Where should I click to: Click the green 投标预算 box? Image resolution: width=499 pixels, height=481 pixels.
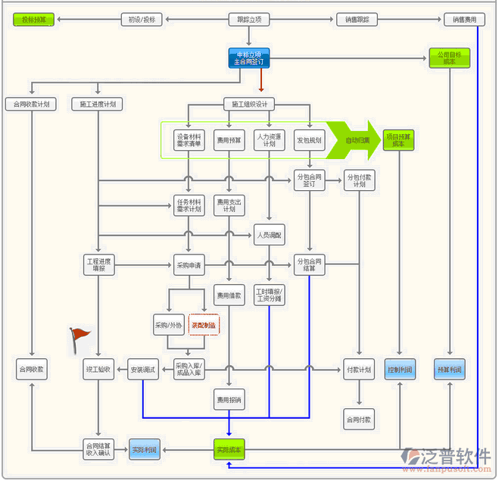(x=34, y=20)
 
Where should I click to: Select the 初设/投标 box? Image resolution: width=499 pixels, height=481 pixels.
(x=142, y=20)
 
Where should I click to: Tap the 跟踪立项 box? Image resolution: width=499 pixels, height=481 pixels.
(x=248, y=20)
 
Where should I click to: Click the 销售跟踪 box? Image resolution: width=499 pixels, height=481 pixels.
(x=357, y=20)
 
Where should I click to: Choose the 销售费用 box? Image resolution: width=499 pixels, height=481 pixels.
(x=465, y=20)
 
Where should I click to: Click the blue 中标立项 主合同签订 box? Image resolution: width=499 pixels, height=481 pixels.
(x=248, y=58)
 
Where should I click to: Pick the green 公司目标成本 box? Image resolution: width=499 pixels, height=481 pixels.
(x=450, y=58)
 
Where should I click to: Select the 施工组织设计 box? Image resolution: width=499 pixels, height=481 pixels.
(x=248, y=104)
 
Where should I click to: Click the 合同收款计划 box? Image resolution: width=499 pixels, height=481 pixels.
(x=30, y=104)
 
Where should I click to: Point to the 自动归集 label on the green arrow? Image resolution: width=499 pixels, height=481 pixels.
(x=357, y=140)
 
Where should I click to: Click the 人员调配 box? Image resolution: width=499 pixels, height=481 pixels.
(x=269, y=236)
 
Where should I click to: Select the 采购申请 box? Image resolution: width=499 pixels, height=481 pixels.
(x=189, y=264)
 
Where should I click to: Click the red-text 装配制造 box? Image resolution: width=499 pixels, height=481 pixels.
(x=204, y=325)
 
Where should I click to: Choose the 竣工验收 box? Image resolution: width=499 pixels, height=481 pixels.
(x=98, y=370)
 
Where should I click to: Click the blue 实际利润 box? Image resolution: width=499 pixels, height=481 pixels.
(x=144, y=449)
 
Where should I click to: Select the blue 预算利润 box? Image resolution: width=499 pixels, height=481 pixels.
(x=450, y=370)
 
